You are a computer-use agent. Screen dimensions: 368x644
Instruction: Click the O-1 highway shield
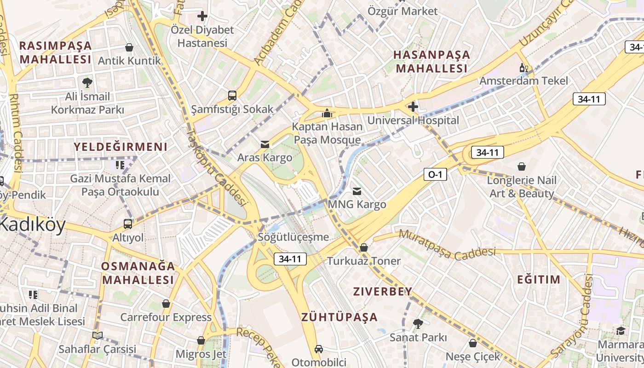(435, 174)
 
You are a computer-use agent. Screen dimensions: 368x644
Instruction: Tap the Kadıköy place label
(32, 225)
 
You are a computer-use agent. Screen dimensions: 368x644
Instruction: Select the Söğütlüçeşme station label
(293, 237)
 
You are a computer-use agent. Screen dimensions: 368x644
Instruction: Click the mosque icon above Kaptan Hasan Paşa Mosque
(327, 113)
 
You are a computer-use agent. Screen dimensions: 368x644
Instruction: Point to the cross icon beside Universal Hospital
(413, 107)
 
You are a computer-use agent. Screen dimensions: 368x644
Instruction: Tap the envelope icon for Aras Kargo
(265, 144)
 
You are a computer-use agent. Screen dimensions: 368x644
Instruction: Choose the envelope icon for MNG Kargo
(357, 191)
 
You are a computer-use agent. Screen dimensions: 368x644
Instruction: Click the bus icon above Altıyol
(128, 224)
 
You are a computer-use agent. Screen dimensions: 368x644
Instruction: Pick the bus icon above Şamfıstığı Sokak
(232, 96)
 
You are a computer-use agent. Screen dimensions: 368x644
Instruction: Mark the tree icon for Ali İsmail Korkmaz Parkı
(87, 83)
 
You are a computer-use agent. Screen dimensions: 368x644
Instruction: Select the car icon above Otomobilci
(318, 349)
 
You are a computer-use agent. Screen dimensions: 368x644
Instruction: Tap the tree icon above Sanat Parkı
(418, 324)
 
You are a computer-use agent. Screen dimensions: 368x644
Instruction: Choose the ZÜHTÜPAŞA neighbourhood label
(339, 317)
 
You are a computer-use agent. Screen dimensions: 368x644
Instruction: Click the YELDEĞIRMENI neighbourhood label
(121, 147)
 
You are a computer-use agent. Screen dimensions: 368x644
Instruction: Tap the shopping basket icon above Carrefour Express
(166, 304)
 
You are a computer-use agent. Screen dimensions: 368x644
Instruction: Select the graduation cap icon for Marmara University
(621, 331)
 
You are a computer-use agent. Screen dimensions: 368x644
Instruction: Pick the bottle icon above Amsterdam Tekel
(523, 68)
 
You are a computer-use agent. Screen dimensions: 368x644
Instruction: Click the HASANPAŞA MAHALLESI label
(431, 62)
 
